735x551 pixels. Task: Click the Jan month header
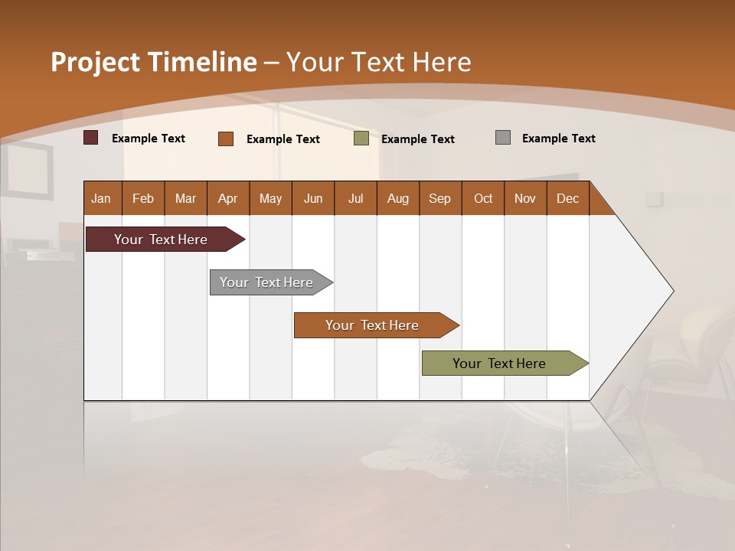point(102,198)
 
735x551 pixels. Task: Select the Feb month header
point(143,198)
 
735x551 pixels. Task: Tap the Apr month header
point(228,198)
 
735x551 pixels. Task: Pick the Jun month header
point(313,198)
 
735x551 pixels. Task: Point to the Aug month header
point(398,198)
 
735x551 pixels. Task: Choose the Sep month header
point(440,198)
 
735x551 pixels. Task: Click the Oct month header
point(483,198)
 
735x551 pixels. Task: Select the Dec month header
point(568,198)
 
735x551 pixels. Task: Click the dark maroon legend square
point(91,138)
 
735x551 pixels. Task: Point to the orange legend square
point(226,139)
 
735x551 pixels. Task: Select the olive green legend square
point(361,139)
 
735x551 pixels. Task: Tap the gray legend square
point(503,138)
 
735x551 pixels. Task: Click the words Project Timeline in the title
point(154,62)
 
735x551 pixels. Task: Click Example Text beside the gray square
point(559,139)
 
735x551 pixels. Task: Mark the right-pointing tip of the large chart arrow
point(671,291)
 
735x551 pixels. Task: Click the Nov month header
point(525,198)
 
